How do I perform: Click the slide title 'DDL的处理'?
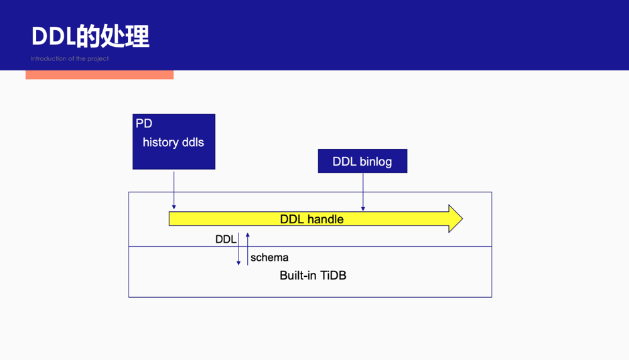point(90,36)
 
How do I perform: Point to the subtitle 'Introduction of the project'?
point(70,59)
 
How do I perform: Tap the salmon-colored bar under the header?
point(99,75)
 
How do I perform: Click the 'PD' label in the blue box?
point(144,123)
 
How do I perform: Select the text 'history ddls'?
point(173,142)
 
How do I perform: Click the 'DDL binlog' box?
point(362,162)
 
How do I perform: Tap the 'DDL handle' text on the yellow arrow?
point(311,219)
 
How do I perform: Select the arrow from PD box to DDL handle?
point(174,190)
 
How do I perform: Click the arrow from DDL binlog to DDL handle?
point(363,192)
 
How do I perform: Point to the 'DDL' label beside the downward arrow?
point(226,239)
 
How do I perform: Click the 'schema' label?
point(269,257)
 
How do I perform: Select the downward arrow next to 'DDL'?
point(238,249)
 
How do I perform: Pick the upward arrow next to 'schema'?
point(248,248)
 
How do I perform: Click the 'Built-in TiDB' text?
point(313,276)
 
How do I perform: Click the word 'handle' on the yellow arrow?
point(326,219)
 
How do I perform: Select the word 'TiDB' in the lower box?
point(333,276)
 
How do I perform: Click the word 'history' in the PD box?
point(160,142)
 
